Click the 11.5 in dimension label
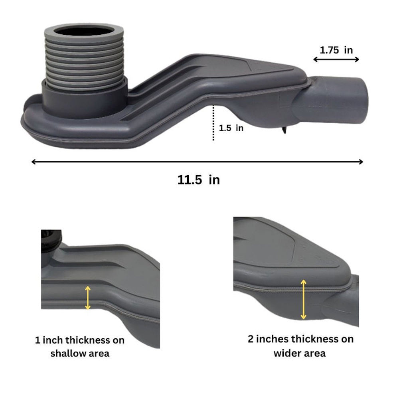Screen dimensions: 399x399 tap(198, 180)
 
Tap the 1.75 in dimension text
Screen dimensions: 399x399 tap(336, 50)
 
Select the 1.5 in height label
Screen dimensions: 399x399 tap(231, 128)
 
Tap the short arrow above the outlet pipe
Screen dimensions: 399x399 tap(336, 59)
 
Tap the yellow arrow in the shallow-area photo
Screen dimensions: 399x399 tap(88, 298)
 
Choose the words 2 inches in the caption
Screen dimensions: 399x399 tap(268, 339)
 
